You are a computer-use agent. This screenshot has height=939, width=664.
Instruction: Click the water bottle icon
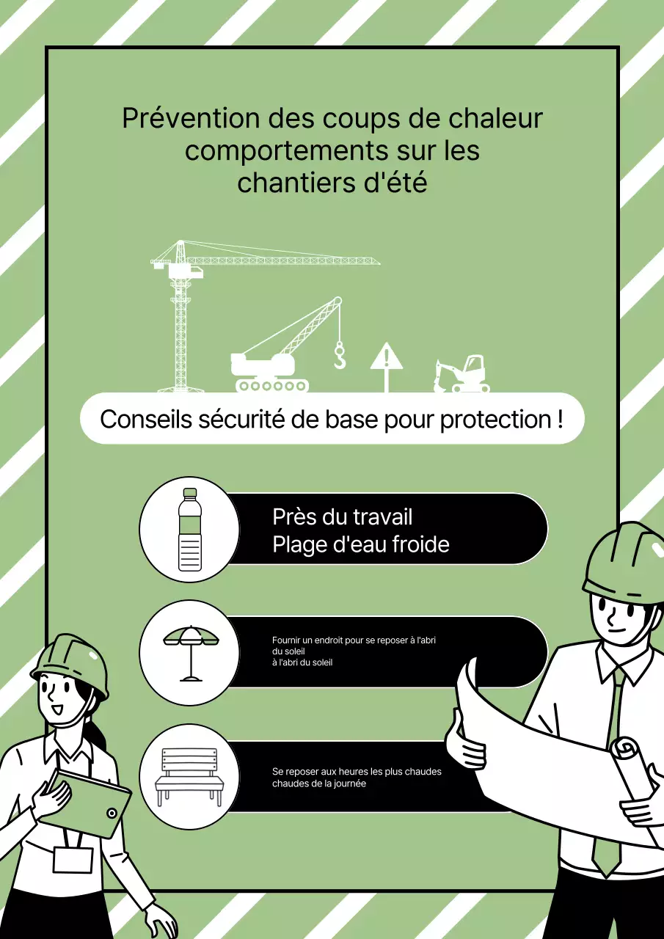[x=189, y=530]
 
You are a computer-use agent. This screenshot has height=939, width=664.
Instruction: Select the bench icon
[x=189, y=776]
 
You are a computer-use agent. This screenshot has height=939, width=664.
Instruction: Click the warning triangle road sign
[x=386, y=359]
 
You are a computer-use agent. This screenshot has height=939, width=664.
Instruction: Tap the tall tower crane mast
[x=180, y=330]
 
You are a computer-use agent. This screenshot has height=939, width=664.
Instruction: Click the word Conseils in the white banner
[x=146, y=420]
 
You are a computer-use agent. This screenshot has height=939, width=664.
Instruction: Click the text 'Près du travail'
[x=342, y=516]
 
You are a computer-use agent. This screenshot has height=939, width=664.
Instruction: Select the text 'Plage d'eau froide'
[x=360, y=544]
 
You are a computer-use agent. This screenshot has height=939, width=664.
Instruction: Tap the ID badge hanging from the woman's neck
[x=73, y=859]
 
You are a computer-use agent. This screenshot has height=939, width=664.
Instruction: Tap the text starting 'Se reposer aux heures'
[x=357, y=772]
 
